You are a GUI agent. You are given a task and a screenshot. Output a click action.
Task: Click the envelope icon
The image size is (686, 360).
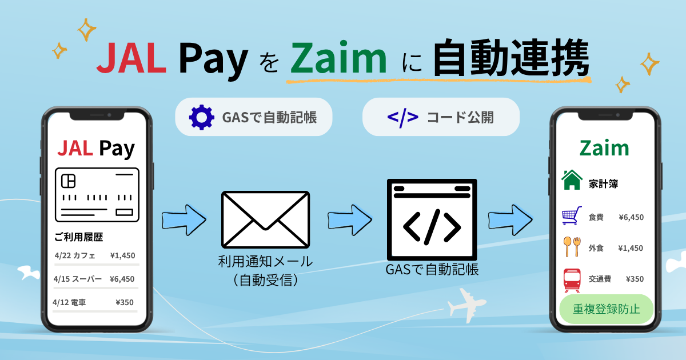265,219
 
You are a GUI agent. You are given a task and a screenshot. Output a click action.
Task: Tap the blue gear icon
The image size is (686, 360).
201,117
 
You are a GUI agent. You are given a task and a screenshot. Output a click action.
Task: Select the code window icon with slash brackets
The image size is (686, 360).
432,219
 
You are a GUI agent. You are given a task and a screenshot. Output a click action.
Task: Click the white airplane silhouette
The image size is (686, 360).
466,305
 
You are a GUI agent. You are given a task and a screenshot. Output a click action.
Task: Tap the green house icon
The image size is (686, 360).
572,180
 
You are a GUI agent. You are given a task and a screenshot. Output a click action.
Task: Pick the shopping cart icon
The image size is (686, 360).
572,216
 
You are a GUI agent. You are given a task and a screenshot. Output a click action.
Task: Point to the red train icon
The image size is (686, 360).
572,280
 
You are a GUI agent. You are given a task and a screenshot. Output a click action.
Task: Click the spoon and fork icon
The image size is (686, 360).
572,247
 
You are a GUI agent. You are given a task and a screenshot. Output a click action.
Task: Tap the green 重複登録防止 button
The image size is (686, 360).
607,309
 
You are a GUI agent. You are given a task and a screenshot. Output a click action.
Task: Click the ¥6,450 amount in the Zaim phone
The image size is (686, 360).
631,217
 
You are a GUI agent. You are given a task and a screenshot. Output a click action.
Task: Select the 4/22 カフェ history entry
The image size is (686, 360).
75,255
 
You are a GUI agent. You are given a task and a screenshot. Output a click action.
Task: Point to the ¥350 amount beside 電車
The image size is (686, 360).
125,302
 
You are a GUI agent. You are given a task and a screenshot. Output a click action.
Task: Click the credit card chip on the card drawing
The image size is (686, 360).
68,181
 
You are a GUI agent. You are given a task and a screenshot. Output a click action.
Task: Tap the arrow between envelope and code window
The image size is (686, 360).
350,220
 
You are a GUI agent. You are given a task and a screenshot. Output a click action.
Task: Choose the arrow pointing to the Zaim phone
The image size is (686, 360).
510,220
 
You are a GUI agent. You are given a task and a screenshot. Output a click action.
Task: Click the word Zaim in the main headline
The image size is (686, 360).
338,58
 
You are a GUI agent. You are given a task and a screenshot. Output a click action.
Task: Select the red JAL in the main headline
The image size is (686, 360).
131,58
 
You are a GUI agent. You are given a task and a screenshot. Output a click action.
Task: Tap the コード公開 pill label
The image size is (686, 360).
460,118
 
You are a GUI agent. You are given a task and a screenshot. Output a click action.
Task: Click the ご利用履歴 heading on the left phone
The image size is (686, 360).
79,237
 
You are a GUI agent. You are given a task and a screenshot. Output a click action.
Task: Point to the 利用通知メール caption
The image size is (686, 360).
265,262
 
